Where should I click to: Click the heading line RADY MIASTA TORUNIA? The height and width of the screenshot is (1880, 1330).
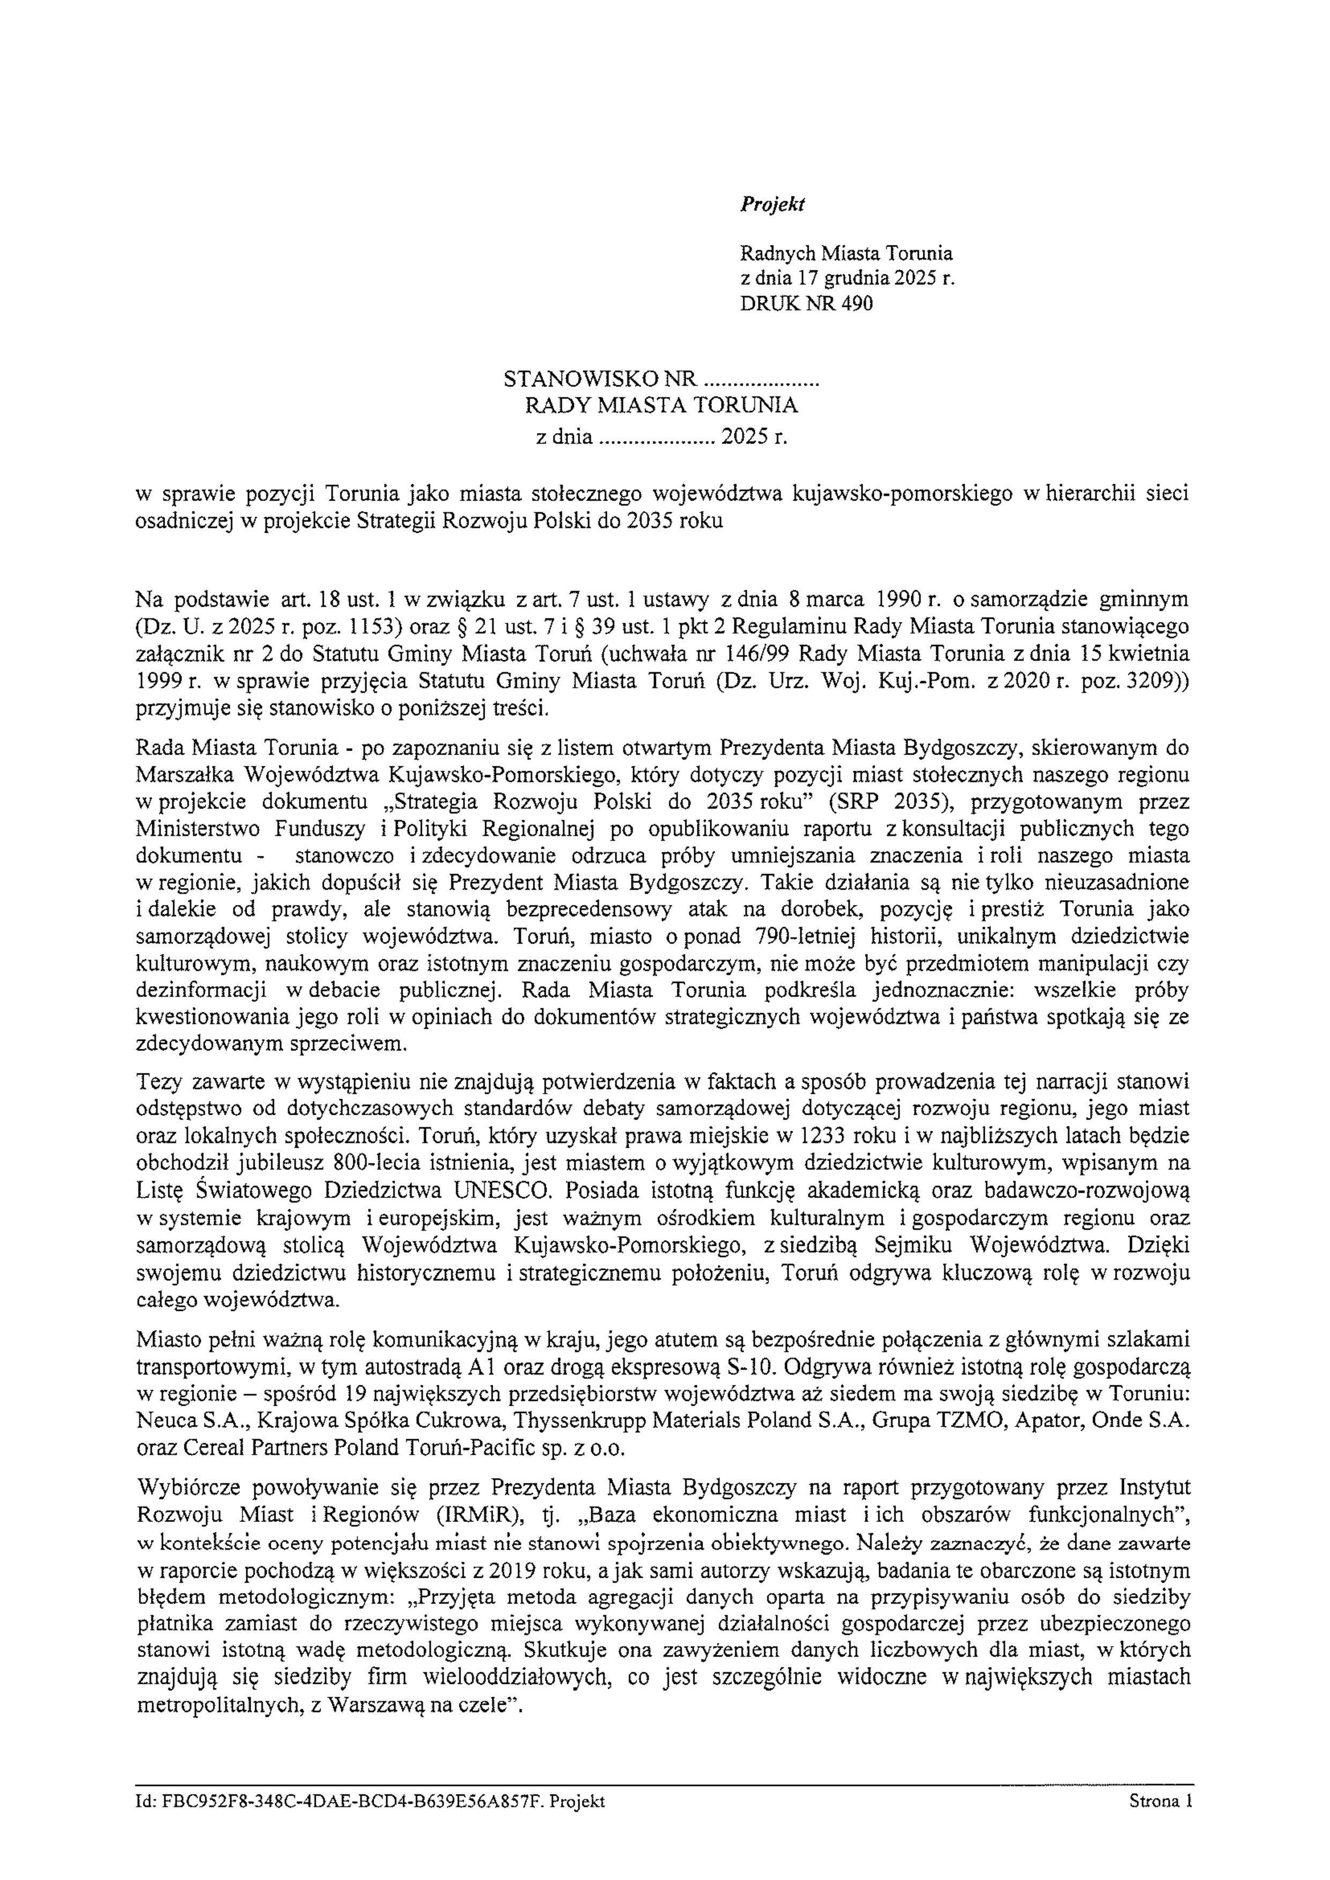[661, 405]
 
